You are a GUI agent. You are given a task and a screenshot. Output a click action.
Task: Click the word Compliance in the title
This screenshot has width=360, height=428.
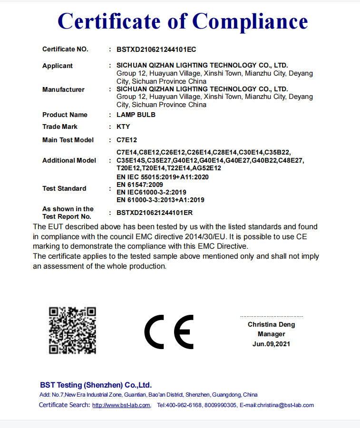tap(250, 21)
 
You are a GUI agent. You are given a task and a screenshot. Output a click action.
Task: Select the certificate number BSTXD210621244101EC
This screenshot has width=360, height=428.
tap(156, 49)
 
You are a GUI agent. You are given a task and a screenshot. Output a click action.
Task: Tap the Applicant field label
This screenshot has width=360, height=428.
tap(58, 66)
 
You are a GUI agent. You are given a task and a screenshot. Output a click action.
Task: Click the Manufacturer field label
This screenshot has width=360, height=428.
tap(63, 89)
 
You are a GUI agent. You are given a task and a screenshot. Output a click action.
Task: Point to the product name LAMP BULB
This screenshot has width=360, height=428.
tap(136, 115)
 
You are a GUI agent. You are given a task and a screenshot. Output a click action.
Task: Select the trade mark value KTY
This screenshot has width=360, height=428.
tap(123, 127)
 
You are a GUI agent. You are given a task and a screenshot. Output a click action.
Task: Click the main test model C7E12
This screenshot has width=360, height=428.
tap(126, 140)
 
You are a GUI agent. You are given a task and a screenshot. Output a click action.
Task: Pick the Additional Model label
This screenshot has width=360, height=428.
tap(69, 160)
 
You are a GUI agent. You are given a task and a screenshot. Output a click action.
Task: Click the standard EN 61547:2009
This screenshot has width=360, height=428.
tap(140, 185)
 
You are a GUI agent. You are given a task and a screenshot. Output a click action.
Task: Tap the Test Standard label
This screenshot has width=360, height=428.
tap(64, 188)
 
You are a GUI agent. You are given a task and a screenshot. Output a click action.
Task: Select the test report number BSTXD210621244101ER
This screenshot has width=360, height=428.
tap(155, 213)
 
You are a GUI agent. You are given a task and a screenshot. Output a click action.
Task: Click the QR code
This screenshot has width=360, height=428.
tap(73, 330)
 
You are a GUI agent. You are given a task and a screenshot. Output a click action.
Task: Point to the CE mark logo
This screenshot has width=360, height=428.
tap(169, 331)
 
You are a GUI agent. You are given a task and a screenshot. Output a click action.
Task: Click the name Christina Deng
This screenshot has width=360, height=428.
tap(271, 324)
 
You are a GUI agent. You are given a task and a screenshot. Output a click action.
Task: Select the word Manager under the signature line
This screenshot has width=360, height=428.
tap(271, 334)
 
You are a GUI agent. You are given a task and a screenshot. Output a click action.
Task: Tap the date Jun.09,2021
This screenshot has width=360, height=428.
tap(271, 344)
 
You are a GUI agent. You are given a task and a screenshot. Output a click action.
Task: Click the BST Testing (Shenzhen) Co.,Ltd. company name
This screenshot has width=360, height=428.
tap(96, 385)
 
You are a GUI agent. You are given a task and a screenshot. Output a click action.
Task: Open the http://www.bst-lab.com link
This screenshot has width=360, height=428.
tap(121, 405)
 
